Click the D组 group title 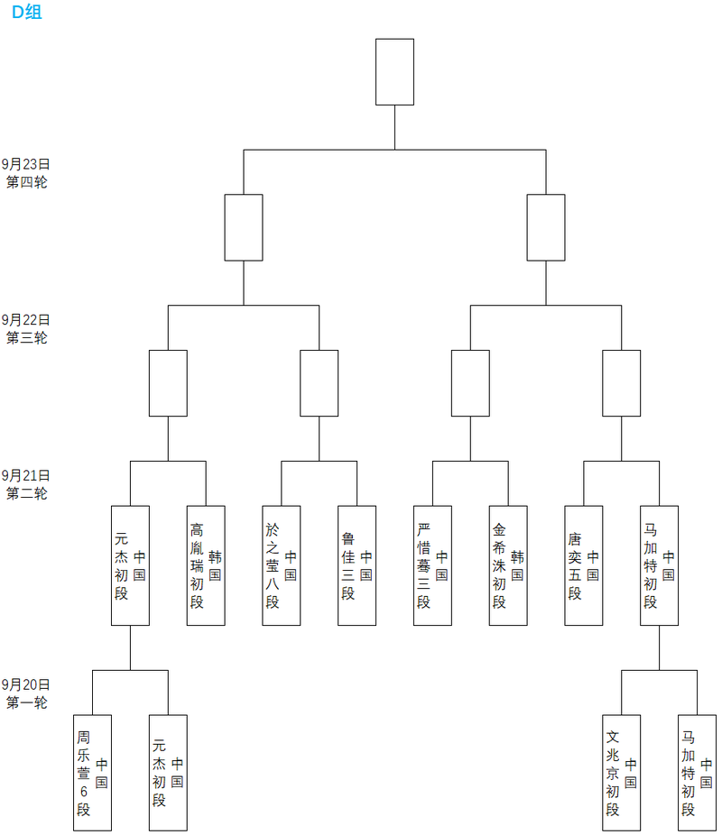pos(26,12)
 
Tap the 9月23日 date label pos(25,164)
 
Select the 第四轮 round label pos(26,182)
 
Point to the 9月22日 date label pos(25,319)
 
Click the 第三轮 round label pos(26,338)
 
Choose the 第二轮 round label pos(26,493)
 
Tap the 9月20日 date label pos(25,684)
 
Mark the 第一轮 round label pos(26,702)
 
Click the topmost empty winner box pos(394,71)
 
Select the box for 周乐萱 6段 pos(92,772)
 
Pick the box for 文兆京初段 pos(621,772)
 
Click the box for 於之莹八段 pos(281,565)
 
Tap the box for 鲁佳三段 pos(356,565)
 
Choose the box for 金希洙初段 pos(508,565)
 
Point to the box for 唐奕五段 pos(583,565)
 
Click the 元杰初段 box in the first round pos(168,772)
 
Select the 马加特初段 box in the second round pos(659,565)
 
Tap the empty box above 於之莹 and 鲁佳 pos(319,382)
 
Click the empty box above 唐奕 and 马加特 pos(621,382)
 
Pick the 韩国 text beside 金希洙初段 pos(517,565)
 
